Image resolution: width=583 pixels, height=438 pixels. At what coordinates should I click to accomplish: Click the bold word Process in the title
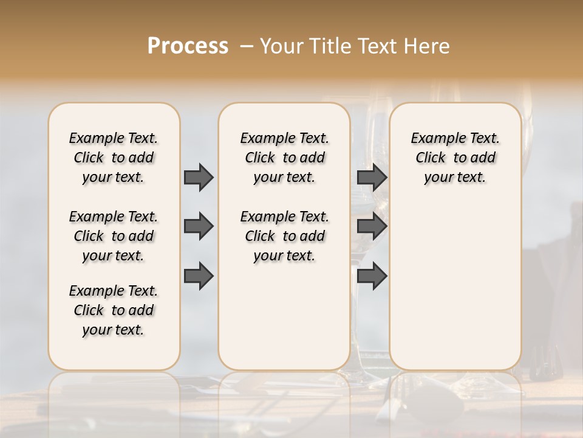[x=188, y=46]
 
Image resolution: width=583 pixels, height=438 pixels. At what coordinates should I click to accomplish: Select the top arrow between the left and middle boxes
[x=199, y=177]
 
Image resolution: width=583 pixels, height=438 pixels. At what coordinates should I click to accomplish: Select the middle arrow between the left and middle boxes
[x=199, y=226]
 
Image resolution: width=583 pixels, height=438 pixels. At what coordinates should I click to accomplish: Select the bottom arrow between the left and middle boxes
[x=199, y=275]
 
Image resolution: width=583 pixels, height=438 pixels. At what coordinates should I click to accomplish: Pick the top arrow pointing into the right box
[x=372, y=177]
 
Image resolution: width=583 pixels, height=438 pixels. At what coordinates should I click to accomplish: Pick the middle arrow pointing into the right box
[x=372, y=226]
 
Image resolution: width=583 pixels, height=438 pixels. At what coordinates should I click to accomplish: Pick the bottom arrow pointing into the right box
[x=372, y=276]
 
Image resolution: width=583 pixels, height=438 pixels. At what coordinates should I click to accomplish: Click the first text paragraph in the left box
[x=114, y=158]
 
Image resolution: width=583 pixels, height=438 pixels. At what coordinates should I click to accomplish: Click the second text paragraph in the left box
[x=114, y=236]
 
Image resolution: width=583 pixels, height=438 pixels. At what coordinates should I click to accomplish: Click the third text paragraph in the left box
[x=114, y=310]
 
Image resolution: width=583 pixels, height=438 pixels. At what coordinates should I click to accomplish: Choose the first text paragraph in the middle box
[x=284, y=158]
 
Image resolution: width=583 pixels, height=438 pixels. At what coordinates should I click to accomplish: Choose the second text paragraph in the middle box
[x=284, y=236]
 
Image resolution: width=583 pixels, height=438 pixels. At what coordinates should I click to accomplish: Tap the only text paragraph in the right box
[x=455, y=158]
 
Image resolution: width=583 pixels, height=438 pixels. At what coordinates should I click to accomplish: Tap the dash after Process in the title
[x=246, y=46]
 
